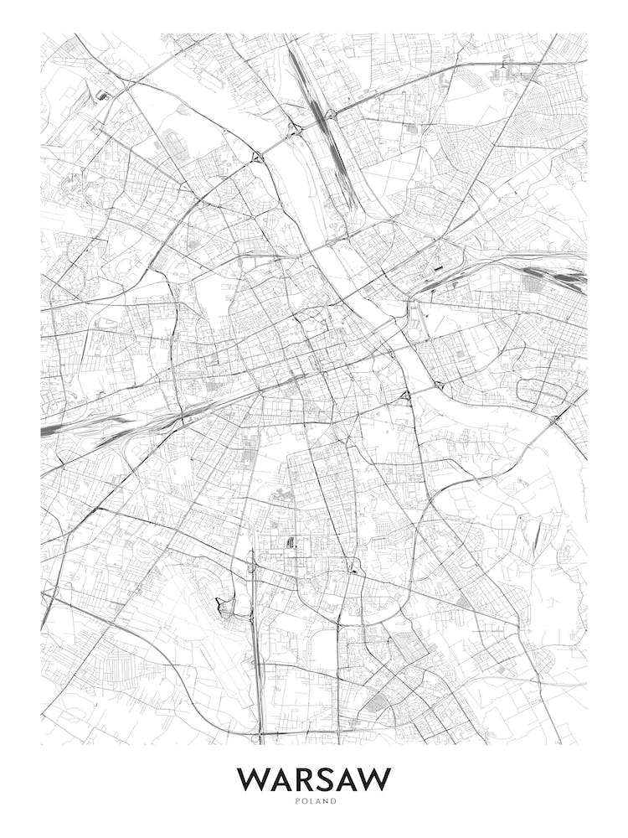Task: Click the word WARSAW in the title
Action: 314,779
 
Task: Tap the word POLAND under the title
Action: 314,801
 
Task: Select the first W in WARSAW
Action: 253,779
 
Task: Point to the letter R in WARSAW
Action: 306,779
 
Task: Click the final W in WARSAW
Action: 374,779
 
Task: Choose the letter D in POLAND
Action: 334,801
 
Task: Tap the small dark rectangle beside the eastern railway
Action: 438,268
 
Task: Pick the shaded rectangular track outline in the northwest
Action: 176,144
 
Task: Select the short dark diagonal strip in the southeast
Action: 537,536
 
